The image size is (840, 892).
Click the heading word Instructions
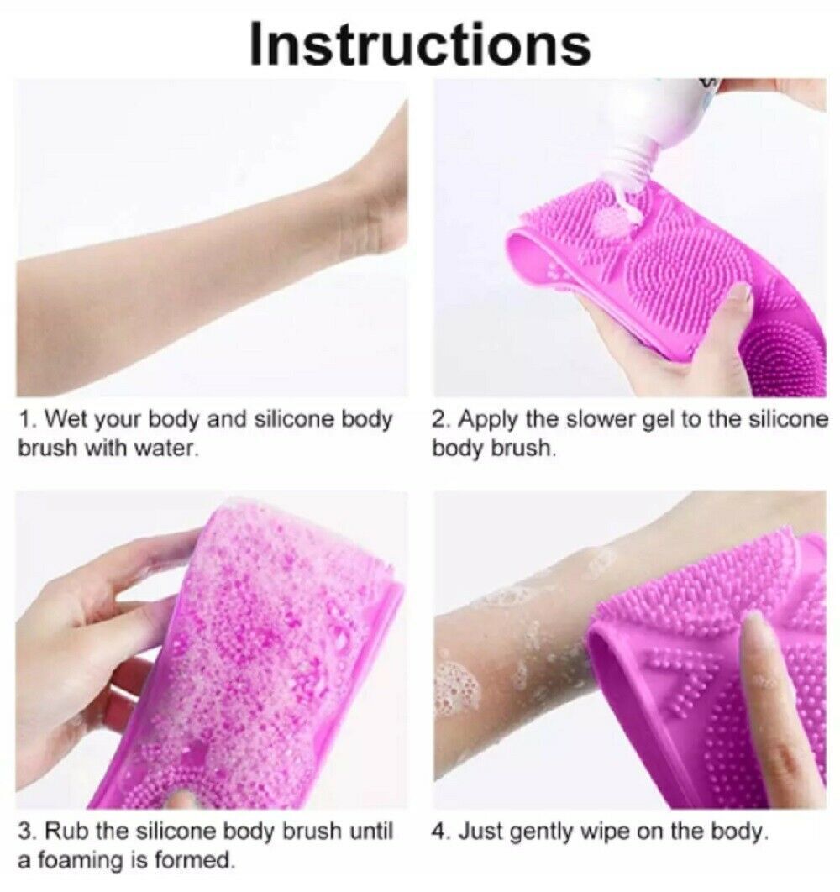pyautogui.click(x=419, y=44)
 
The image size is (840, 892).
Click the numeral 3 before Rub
pyautogui.click(x=24, y=832)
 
